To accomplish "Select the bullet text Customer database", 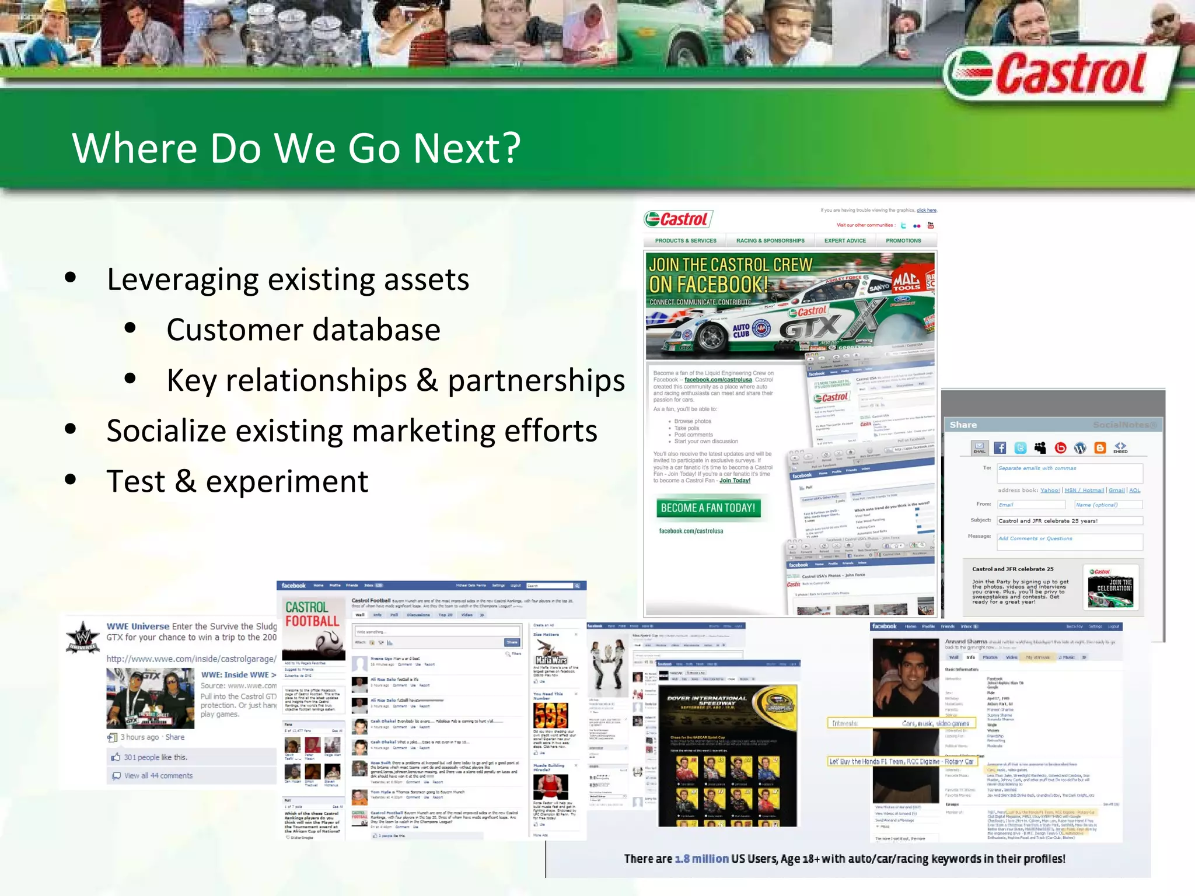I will (x=303, y=330).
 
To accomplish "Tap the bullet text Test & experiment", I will (x=237, y=482).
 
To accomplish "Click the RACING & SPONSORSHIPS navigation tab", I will (x=770, y=241).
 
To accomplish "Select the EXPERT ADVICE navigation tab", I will (x=845, y=241).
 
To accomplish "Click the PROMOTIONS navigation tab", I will (x=903, y=241).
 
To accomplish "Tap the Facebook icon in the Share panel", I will (x=1000, y=448).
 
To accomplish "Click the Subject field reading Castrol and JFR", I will (x=1069, y=521).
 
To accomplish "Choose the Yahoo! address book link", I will (x=1050, y=491).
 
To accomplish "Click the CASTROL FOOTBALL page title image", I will (x=312, y=614).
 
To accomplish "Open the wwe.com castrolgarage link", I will (x=191, y=659).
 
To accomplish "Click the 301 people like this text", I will (x=156, y=758).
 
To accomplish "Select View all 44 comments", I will (x=158, y=776).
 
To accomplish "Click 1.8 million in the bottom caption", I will (x=702, y=859).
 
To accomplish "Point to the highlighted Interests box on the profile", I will (x=901, y=723).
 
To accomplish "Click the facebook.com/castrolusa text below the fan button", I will (x=691, y=531).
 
